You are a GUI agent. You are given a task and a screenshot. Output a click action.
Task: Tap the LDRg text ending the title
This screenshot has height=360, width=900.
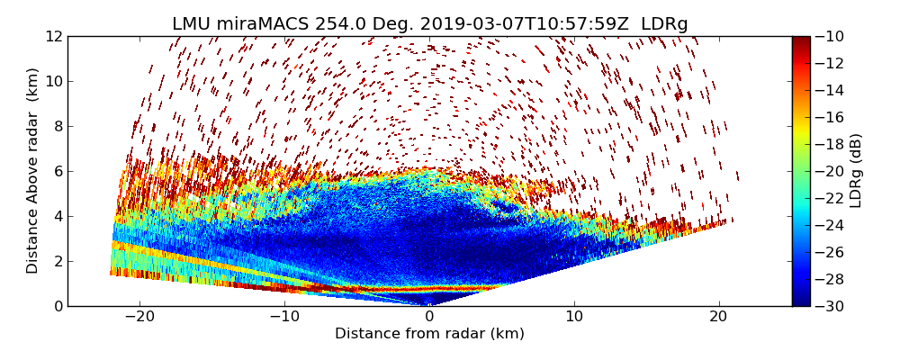pos(664,24)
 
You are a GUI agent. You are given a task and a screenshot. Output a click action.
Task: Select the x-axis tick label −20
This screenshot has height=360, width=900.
pos(139,317)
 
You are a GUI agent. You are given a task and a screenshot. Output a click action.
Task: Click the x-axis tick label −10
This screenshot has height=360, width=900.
pos(284,317)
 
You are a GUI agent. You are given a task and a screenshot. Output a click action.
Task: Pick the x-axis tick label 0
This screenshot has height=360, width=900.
pos(429,317)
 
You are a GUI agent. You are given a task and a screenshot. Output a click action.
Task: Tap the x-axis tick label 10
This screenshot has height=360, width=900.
pos(574,317)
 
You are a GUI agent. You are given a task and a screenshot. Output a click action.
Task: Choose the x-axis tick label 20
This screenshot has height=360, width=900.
pos(718,317)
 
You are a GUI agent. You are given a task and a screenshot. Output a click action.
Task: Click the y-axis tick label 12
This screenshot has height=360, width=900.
pos(53,37)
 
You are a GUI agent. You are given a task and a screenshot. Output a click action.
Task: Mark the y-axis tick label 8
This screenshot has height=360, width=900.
pos(57,127)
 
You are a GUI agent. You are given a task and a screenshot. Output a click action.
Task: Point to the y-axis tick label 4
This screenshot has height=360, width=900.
pos(57,217)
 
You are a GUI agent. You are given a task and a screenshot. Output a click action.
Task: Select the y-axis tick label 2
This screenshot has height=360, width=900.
pos(57,262)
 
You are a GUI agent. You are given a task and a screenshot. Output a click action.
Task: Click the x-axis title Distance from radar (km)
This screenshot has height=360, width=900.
pos(429,334)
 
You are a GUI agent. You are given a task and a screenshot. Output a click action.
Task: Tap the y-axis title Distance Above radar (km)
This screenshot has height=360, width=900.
pos(33,171)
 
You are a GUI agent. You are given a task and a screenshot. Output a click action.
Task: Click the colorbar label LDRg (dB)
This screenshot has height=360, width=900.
pos(856,171)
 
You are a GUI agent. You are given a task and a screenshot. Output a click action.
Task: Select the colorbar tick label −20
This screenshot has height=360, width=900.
pos(832,172)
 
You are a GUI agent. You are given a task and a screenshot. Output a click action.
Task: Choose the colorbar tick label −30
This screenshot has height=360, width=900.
pos(832,306)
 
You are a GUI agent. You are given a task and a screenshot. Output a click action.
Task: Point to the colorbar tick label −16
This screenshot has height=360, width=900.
pos(832,118)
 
